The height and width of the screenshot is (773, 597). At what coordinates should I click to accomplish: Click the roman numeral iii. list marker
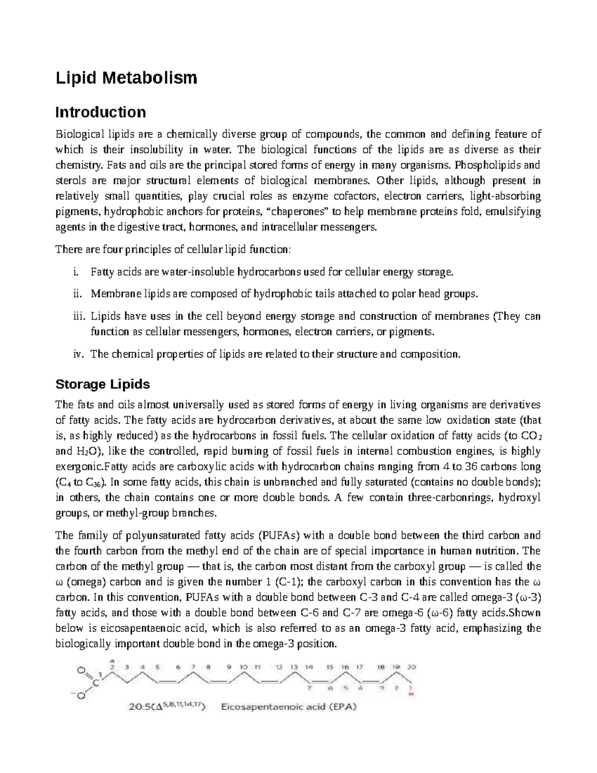click(x=79, y=317)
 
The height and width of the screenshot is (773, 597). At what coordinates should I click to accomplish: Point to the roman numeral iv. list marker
click(x=78, y=354)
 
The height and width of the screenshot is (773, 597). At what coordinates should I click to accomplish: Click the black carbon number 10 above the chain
click(x=244, y=666)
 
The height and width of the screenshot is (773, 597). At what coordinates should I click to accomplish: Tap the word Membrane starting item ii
click(x=110, y=294)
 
